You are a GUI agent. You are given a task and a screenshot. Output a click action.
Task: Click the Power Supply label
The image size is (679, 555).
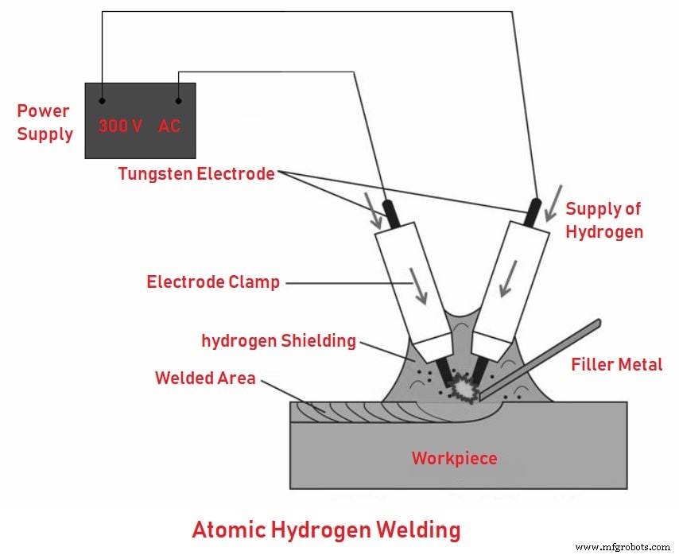click(x=45, y=122)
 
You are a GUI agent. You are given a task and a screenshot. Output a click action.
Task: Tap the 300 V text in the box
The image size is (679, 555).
click(x=120, y=126)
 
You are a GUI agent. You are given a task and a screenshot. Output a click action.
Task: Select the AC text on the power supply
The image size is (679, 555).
click(x=169, y=126)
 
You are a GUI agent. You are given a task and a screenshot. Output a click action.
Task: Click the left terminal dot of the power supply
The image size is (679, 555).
click(x=103, y=101)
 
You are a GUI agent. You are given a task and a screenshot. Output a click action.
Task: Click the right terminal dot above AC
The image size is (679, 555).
click(x=178, y=101)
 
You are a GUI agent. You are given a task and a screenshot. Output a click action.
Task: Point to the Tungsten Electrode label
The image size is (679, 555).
click(x=196, y=173)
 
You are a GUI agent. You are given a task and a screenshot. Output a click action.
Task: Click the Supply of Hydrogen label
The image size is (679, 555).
click(x=603, y=220)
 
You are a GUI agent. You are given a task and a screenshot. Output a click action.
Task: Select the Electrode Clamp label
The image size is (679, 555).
click(x=213, y=281)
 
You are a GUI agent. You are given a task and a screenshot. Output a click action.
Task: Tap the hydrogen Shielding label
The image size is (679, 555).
click(x=278, y=340)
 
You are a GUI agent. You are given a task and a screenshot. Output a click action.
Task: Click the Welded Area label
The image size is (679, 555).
click(x=205, y=378)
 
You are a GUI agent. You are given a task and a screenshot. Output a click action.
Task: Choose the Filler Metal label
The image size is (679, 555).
click(x=616, y=364)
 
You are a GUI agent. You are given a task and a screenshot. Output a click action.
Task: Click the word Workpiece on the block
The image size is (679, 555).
click(x=454, y=458)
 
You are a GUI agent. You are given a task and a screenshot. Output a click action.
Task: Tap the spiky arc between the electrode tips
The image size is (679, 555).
click(x=460, y=388)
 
